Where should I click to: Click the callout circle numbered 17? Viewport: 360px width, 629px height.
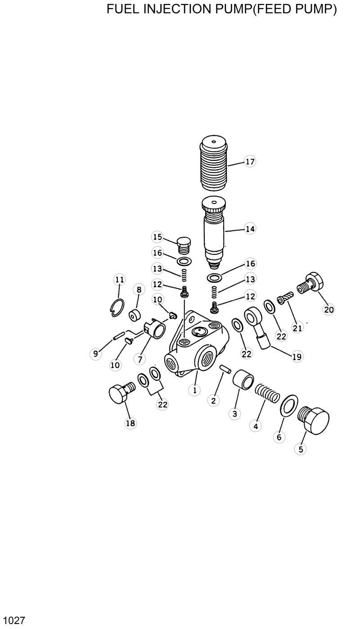pyautogui.click(x=250, y=162)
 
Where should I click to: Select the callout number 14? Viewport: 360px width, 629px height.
pyautogui.click(x=250, y=229)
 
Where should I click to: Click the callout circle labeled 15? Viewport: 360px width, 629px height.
pyautogui.click(x=157, y=237)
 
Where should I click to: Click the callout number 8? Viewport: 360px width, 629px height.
pyautogui.click(x=139, y=290)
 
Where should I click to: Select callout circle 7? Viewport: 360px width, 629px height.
pyautogui.click(x=140, y=359)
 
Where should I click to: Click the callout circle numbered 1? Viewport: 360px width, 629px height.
pyautogui.click(x=194, y=390)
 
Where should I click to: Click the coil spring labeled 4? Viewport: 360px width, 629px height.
pyautogui.click(x=268, y=393)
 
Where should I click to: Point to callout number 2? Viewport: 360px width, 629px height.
pyautogui.click(x=213, y=400)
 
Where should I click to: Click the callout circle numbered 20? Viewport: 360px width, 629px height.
pyautogui.click(x=329, y=309)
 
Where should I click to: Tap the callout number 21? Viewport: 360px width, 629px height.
pyautogui.click(x=297, y=328)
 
